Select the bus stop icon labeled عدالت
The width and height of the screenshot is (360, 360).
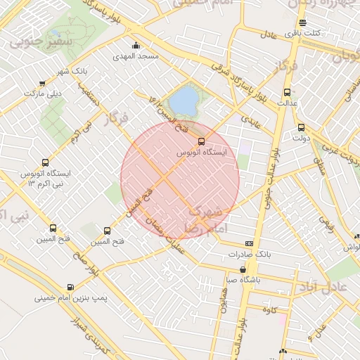(x=287, y=92)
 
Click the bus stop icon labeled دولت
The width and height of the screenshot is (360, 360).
(x=302, y=127)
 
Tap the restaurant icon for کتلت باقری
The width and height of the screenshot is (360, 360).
(x=302, y=22)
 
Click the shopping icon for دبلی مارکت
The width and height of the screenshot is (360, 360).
(x=44, y=82)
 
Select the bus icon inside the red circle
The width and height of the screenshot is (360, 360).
(x=202, y=141)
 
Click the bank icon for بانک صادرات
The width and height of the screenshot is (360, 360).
(x=249, y=243)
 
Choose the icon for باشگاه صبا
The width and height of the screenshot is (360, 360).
(x=243, y=269)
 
